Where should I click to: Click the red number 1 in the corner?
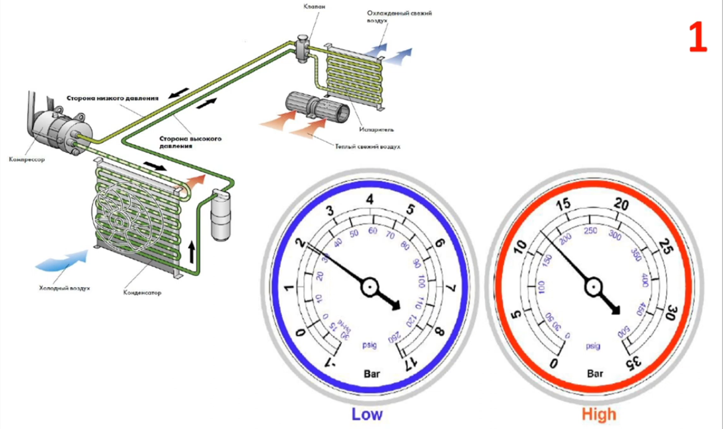697,38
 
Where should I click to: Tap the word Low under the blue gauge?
366,414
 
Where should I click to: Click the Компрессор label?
27,160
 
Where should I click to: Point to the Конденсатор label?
142,293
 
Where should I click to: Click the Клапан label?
310,7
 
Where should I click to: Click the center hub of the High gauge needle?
593,287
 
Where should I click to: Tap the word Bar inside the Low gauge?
372,374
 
